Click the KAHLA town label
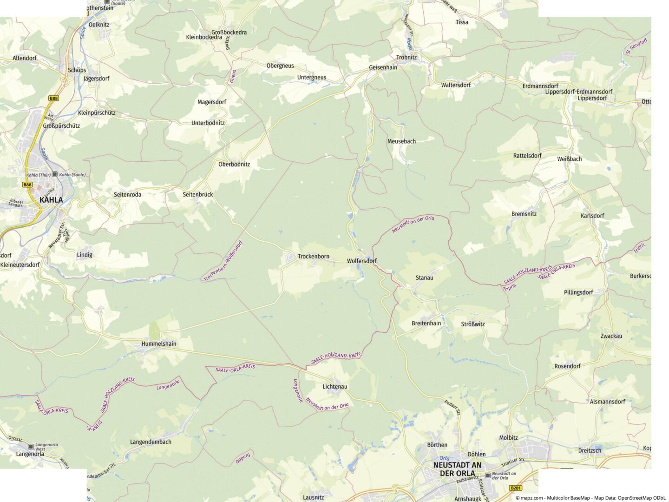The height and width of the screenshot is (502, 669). (x=51, y=200)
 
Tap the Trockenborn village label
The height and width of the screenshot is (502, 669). (x=313, y=257)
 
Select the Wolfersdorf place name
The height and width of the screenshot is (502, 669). (x=362, y=261)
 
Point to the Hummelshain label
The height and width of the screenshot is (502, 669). (x=159, y=344)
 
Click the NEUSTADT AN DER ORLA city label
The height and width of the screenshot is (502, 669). (x=457, y=469)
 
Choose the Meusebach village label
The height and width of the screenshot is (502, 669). (x=401, y=141)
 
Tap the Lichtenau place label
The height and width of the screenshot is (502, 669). (x=335, y=387)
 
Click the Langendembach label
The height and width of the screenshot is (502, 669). (x=151, y=442)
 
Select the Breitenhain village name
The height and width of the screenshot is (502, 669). (x=426, y=324)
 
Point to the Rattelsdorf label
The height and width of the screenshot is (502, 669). (x=527, y=156)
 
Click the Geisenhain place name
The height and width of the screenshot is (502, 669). (x=383, y=67)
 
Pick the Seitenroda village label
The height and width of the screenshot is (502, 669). (x=127, y=195)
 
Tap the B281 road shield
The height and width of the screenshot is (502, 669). (x=516, y=488)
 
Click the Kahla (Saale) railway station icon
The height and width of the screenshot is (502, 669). (x=55, y=174)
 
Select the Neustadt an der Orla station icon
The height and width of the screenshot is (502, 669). (x=487, y=476)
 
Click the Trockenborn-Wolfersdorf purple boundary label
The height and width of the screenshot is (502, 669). (x=223, y=261)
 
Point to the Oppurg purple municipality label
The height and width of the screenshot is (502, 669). (x=243, y=458)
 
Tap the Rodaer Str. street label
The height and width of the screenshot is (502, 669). (x=452, y=407)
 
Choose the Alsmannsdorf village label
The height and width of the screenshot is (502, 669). (x=607, y=402)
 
